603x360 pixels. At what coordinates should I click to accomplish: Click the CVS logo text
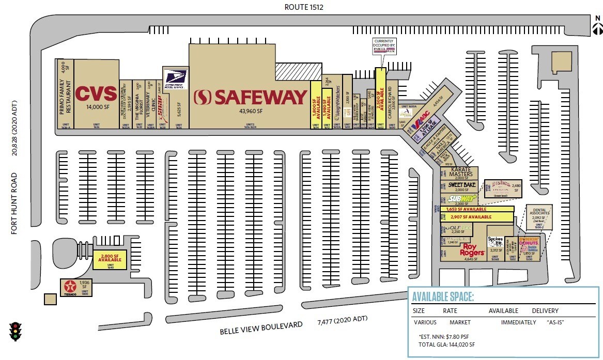tap(96, 94)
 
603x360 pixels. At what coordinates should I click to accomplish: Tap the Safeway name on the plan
tap(251, 97)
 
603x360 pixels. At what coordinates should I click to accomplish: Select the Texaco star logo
tap(69, 286)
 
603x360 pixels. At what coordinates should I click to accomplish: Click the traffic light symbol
tap(16, 331)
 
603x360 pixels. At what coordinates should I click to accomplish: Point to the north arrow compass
tap(597, 26)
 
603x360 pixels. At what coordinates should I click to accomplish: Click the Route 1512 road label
tap(304, 7)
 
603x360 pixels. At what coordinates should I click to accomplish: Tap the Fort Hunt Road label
tap(15, 204)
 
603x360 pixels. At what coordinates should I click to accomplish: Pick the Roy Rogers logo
tap(472, 249)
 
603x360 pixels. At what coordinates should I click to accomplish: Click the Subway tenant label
tap(461, 198)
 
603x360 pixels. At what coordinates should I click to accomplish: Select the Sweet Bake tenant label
tap(461, 184)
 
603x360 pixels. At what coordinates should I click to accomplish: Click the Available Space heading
tap(443, 297)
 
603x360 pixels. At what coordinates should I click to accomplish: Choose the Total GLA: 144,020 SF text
tap(446, 344)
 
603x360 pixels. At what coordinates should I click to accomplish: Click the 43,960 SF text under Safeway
tap(250, 111)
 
